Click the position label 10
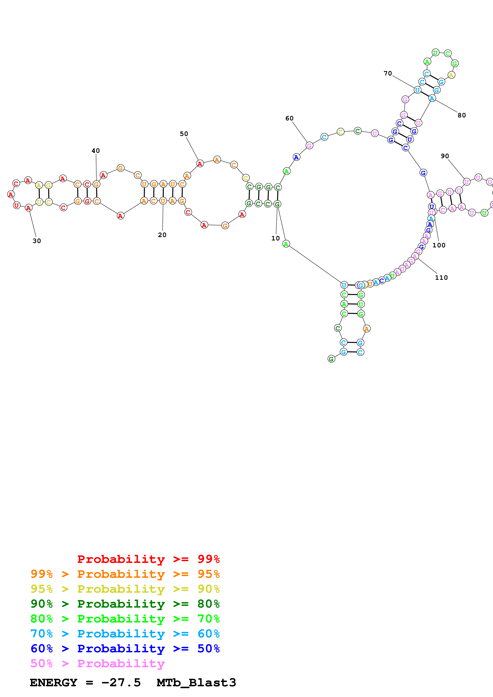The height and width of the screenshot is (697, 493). click(x=275, y=238)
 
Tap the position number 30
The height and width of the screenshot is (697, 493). click(x=37, y=241)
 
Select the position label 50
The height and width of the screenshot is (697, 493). click(x=184, y=134)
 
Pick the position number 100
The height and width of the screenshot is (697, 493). click(x=439, y=245)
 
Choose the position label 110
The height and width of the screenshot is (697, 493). click(x=441, y=277)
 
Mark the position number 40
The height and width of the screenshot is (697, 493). click(x=96, y=151)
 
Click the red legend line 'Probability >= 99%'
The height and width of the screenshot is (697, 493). click(x=148, y=559)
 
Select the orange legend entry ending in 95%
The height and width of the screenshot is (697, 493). click(x=125, y=574)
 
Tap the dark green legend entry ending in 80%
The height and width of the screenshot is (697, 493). click(x=125, y=603)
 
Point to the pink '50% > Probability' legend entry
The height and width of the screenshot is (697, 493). click(x=97, y=663)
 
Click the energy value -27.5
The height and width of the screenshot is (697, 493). click(x=121, y=683)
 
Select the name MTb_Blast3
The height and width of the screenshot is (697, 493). click(x=196, y=683)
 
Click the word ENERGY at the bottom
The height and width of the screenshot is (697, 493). click(x=53, y=683)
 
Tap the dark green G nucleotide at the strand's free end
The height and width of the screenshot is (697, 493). click(x=331, y=359)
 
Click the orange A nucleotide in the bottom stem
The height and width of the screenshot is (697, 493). click(x=367, y=329)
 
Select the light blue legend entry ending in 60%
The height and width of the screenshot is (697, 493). click(x=125, y=634)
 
